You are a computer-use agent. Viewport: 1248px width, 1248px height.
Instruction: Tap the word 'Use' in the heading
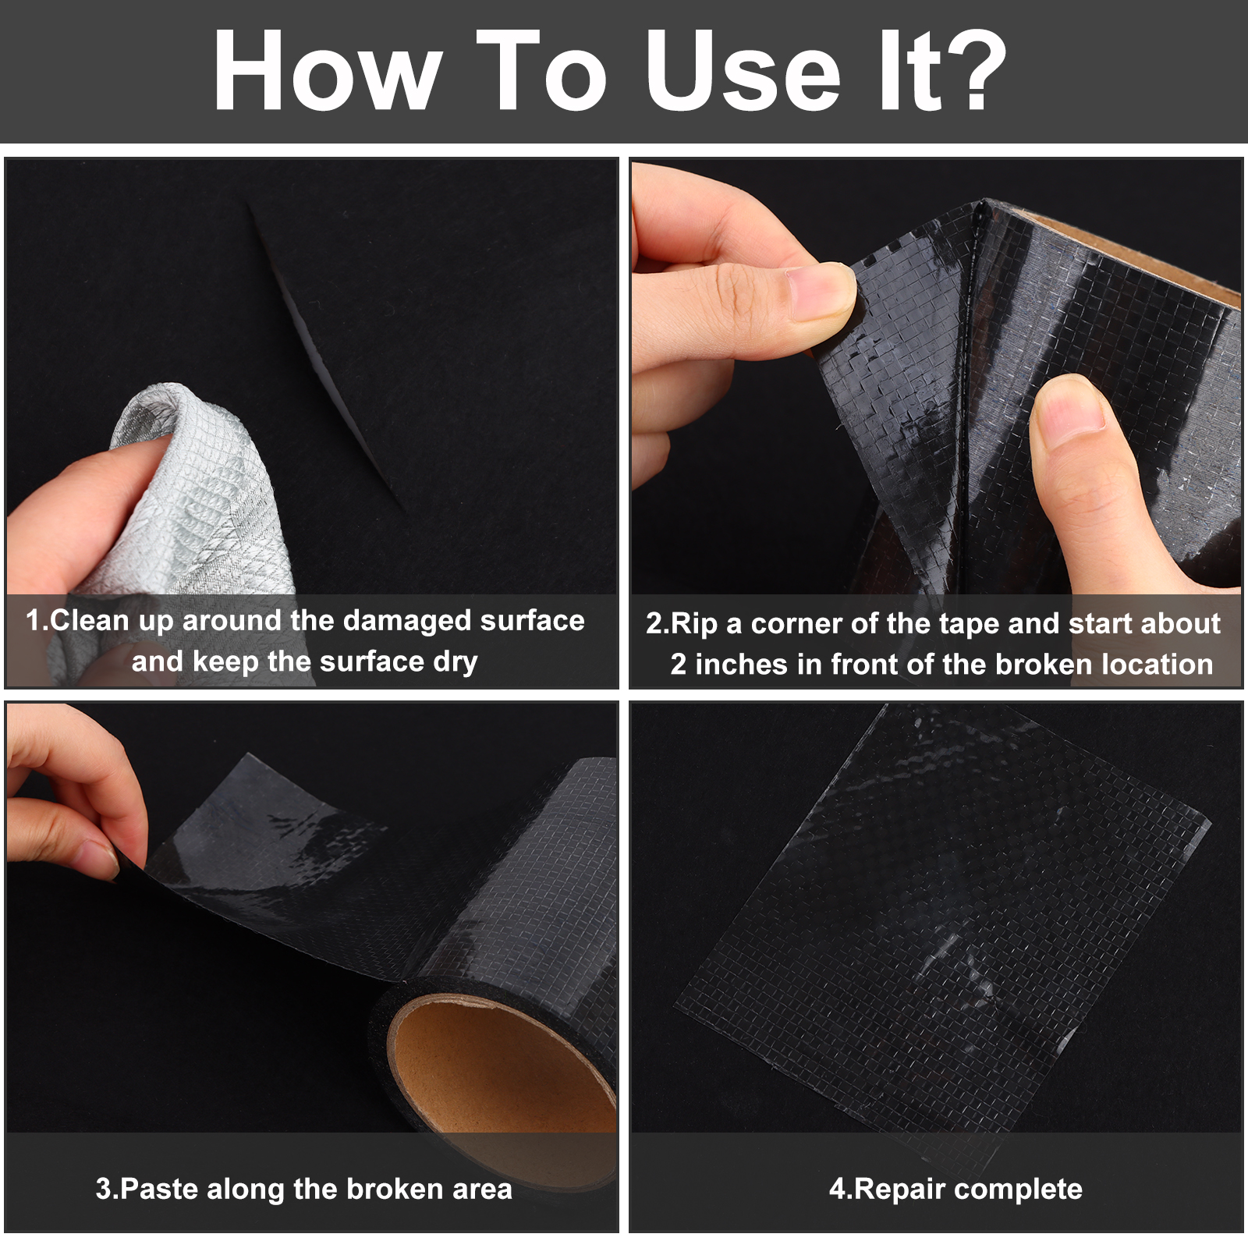coord(743,70)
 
